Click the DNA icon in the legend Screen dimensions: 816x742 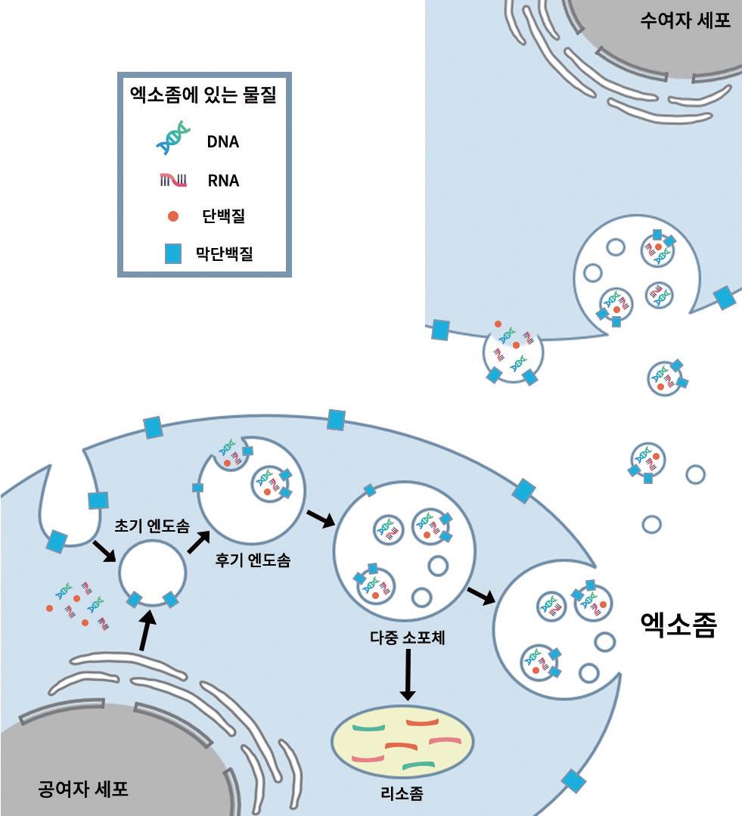[172, 140]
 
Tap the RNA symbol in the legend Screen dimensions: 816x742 [172, 180]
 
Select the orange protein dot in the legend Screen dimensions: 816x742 [172, 217]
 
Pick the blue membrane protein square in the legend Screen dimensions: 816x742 [172, 254]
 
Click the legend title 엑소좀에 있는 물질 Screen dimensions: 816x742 [203, 96]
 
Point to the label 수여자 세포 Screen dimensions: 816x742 [685, 20]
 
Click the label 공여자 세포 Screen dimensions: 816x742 [82, 790]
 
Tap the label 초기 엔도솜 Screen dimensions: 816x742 [151, 526]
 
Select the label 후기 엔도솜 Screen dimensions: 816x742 [253, 561]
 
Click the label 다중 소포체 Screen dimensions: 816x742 [407, 637]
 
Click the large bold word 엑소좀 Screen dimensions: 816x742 [678, 625]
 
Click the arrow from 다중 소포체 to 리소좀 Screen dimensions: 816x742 [407, 675]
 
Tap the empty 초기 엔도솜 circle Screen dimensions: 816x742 [152, 572]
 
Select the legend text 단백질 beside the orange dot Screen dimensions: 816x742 [224, 217]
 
